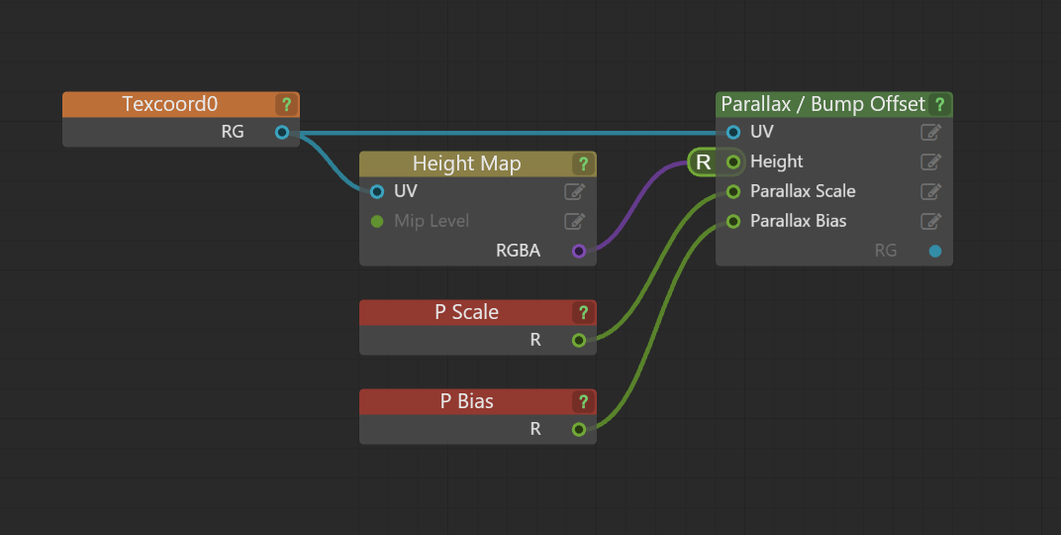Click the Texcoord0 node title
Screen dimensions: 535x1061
pyautogui.click(x=169, y=104)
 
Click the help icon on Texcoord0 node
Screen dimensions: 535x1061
pyautogui.click(x=286, y=104)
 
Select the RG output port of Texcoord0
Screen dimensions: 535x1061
pyautogui.click(x=282, y=132)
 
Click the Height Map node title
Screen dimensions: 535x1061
pyautogui.click(x=466, y=163)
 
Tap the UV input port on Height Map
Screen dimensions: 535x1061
pyautogui.click(x=377, y=191)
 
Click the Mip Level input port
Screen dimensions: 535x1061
pyautogui.click(x=377, y=221)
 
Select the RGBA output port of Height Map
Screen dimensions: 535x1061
pyautogui.click(x=579, y=251)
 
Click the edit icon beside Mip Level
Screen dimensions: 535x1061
pyautogui.click(x=574, y=221)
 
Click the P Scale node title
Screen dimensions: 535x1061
pyautogui.click(x=466, y=312)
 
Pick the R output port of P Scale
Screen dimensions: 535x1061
pyautogui.click(x=579, y=340)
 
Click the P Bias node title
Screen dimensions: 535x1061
pyautogui.click(x=466, y=401)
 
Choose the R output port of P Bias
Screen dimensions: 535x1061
pyautogui.click(x=579, y=429)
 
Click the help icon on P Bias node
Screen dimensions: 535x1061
pyautogui.click(x=583, y=401)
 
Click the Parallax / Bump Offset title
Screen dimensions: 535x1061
pyautogui.click(x=822, y=104)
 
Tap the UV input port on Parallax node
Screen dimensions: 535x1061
pyautogui.click(x=733, y=132)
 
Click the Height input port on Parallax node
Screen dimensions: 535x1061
pyautogui.click(x=733, y=161)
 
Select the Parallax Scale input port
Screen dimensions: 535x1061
pyautogui.click(x=733, y=191)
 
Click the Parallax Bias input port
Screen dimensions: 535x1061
pyautogui.click(x=733, y=221)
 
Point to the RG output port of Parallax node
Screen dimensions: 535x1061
pyautogui.click(x=935, y=251)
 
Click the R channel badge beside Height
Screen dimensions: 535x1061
pyautogui.click(x=704, y=161)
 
